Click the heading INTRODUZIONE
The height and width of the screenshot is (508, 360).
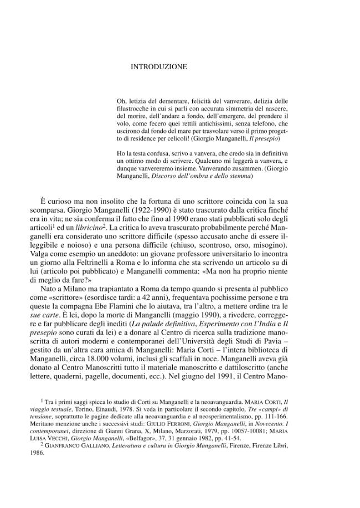(x=158, y=67)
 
